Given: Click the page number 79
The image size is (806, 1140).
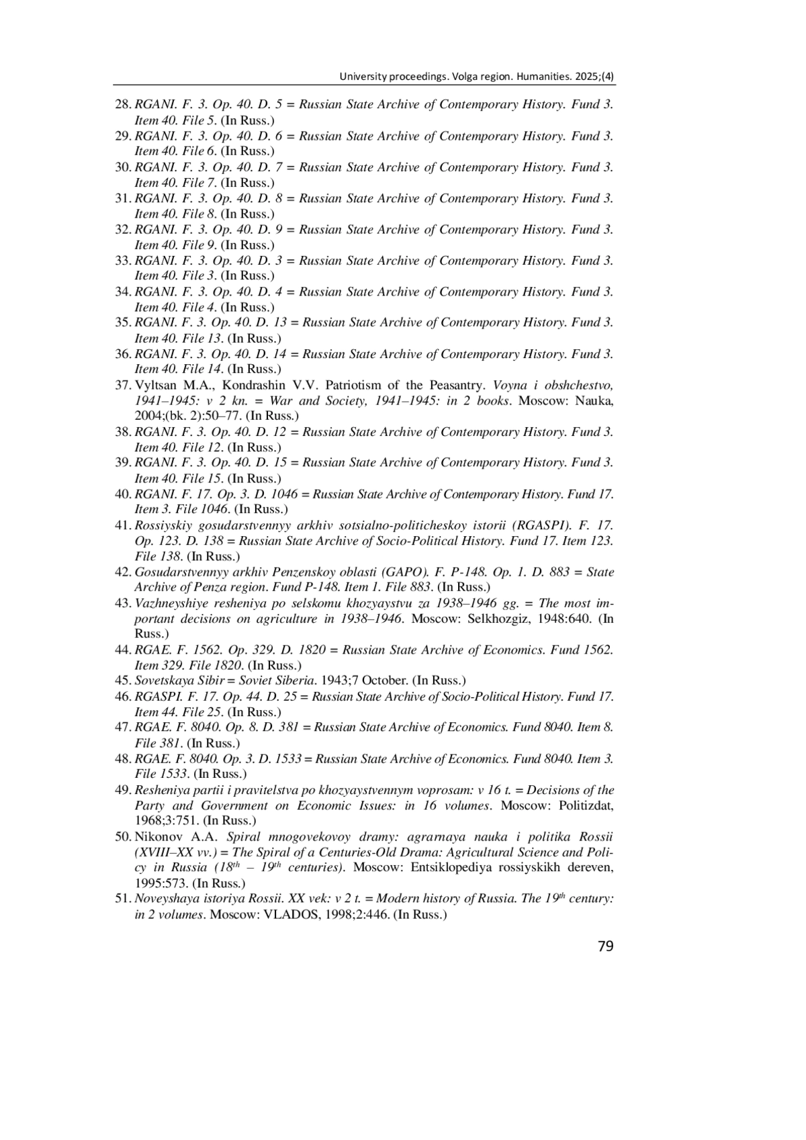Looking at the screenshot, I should [x=605, y=947].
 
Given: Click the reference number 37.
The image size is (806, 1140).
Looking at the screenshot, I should [x=122, y=386].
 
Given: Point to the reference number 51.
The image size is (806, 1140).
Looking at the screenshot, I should [x=122, y=899].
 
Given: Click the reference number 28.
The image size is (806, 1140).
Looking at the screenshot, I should [x=122, y=105].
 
